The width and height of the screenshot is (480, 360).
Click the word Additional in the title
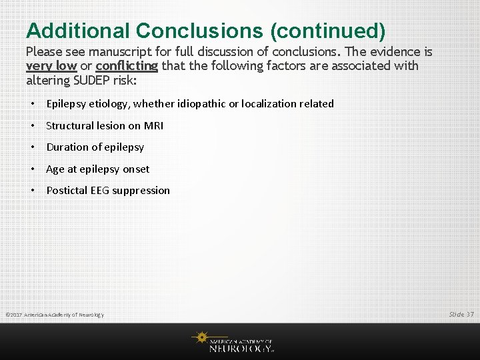pyautogui.click(x=78, y=31)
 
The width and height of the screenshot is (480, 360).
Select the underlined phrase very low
pyautogui.click(x=51, y=65)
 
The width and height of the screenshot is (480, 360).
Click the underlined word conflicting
pyautogui.click(x=127, y=65)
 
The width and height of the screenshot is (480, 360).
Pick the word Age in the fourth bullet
pyautogui.click(x=55, y=169)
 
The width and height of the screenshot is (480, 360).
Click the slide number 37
pyautogui.click(x=470, y=313)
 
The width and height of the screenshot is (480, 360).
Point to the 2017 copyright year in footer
pyautogui.click(x=17, y=315)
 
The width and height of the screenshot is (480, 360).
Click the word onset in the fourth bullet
pyautogui.click(x=136, y=169)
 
